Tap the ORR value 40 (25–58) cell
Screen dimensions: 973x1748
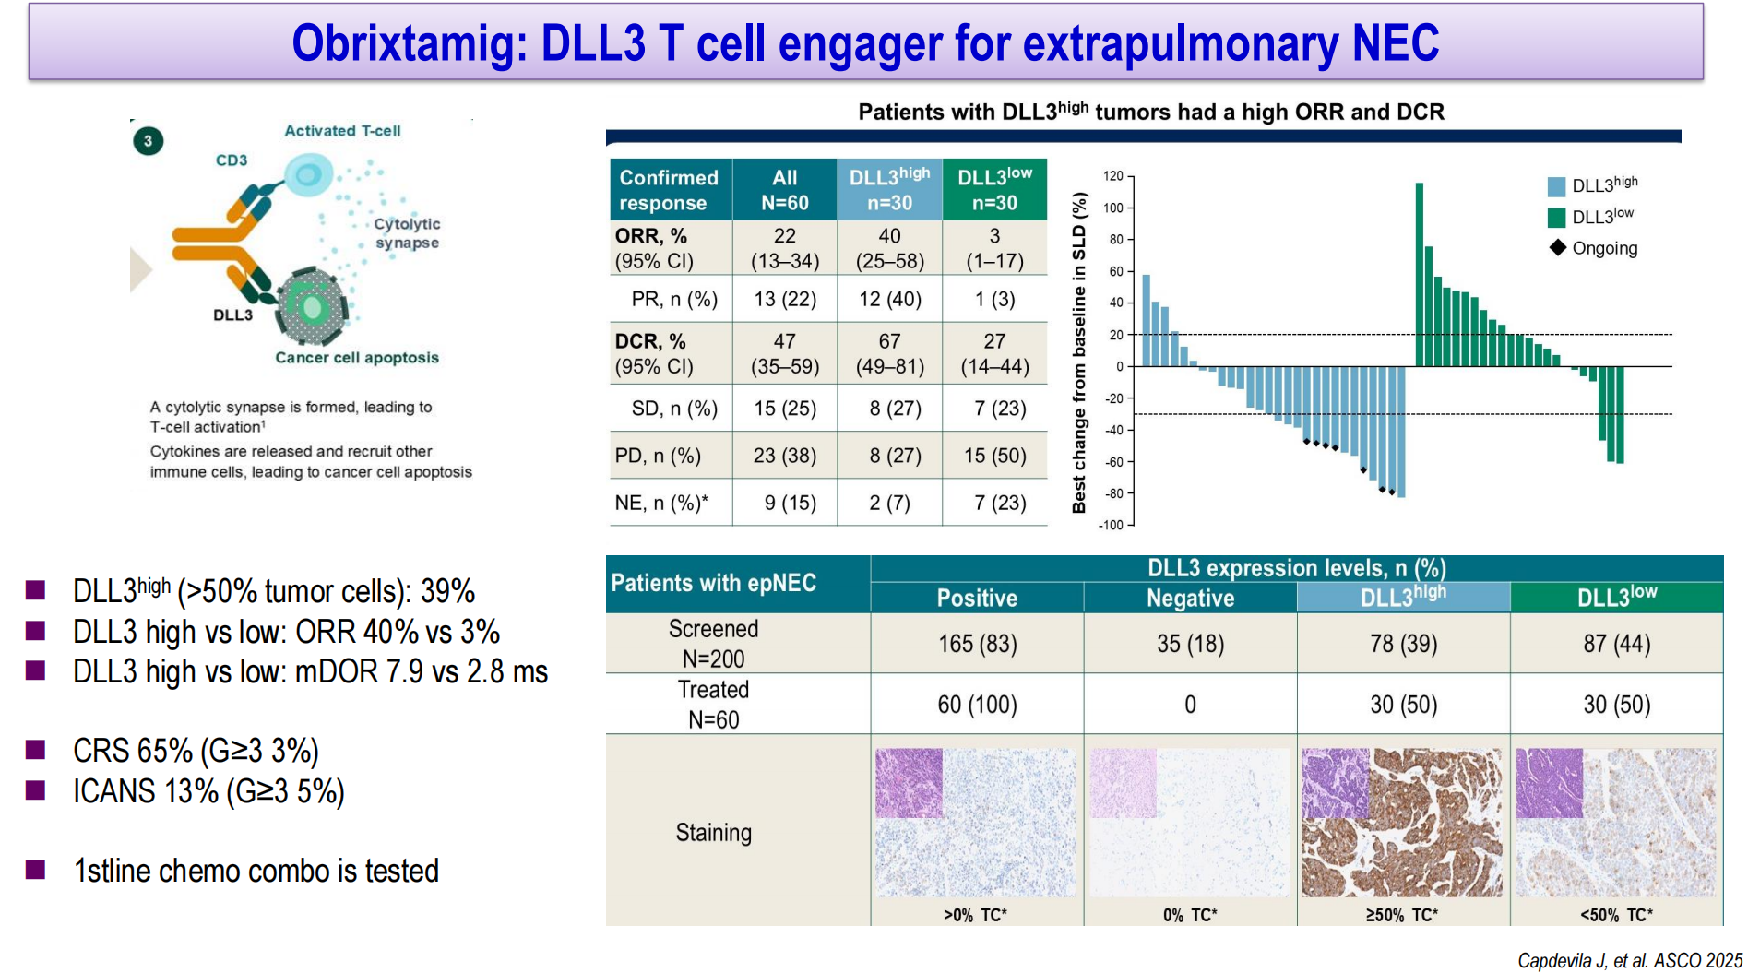[889, 248]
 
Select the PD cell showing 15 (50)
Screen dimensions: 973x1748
[994, 456]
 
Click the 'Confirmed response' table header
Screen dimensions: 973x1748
[669, 190]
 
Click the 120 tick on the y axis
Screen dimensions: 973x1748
[1113, 176]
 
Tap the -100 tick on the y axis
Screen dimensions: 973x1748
[1111, 525]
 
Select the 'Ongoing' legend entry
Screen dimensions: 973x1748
[1604, 248]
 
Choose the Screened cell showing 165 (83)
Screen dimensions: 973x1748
[977, 644]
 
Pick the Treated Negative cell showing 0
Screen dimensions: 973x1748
[1190, 705]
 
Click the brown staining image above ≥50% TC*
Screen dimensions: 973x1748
[1402, 823]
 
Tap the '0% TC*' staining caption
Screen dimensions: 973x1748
[1190, 915]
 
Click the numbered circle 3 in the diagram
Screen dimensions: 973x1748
[148, 141]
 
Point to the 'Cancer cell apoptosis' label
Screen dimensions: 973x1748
[357, 358]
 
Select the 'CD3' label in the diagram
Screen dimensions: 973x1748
[232, 160]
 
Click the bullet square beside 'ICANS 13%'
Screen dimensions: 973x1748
[36, 790]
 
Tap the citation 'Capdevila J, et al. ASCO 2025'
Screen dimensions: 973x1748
[1629, 961]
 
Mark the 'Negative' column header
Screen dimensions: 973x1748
[1190, 599]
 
